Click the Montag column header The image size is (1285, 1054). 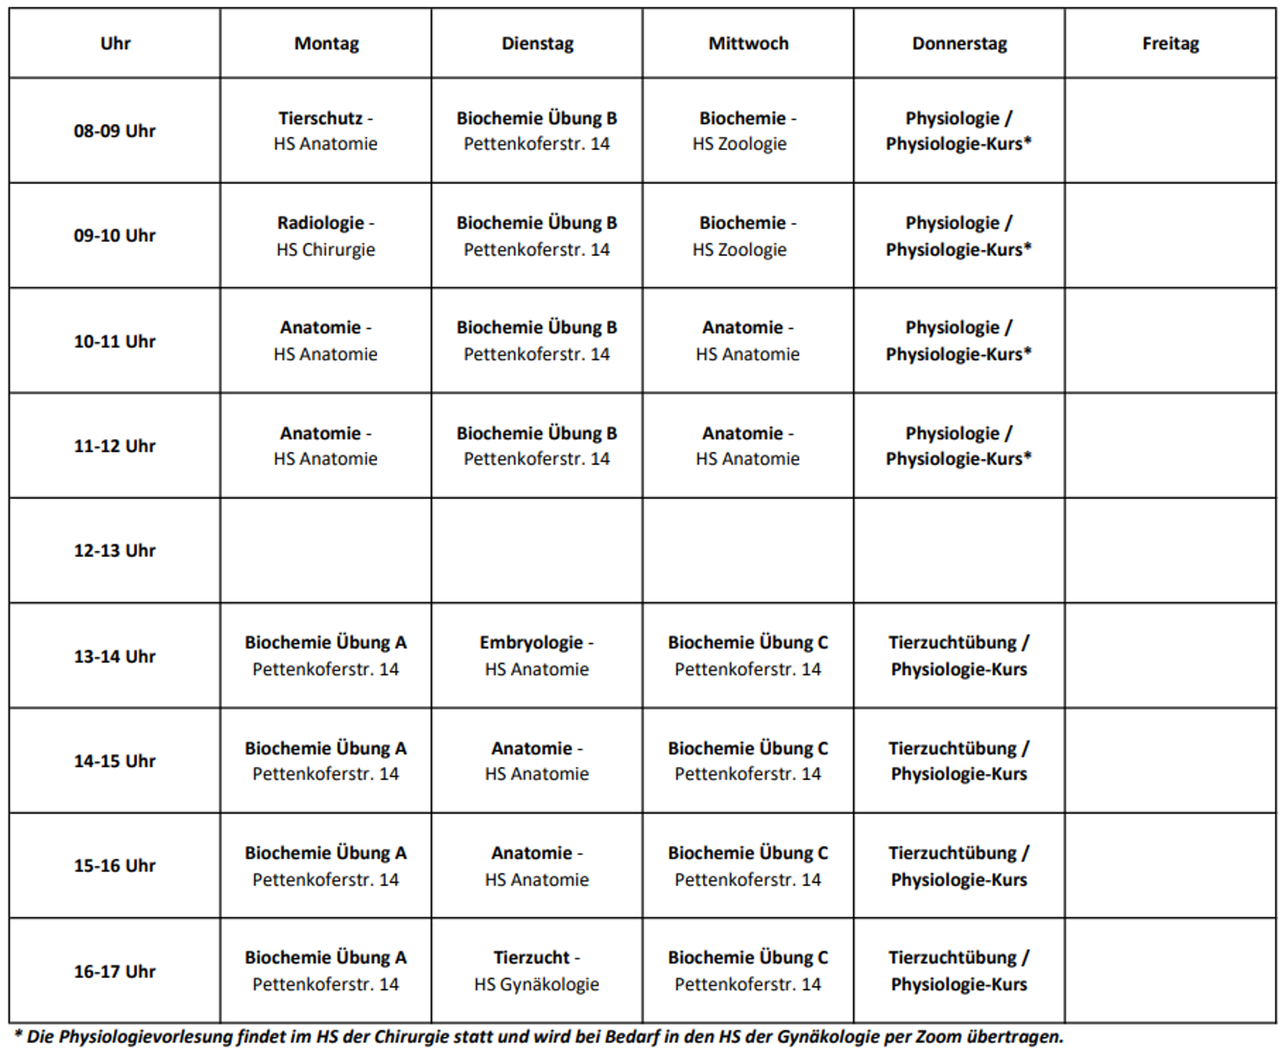[x=327, y=44]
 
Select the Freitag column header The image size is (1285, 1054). [x=1170, y=44]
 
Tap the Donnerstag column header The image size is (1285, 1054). [x=959, y=44]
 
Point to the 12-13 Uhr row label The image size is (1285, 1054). [x=115, y=551]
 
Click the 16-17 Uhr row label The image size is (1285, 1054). [x=115, y=971]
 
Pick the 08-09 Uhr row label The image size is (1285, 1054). [x=115, y=131]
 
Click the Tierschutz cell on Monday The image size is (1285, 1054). [x=326, y=131]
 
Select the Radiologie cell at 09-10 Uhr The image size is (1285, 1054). [x=326, y=236]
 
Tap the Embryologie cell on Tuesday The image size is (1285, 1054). [x=536, y=656]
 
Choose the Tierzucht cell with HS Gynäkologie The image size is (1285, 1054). [x=536, y=971]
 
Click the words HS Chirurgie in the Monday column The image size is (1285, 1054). [x=326, y=250]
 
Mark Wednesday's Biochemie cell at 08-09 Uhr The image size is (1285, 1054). [x=747, y=131]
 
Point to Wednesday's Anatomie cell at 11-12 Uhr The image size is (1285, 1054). [x=747, y=446]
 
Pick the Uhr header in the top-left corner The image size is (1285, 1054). [x=115, y=44]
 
